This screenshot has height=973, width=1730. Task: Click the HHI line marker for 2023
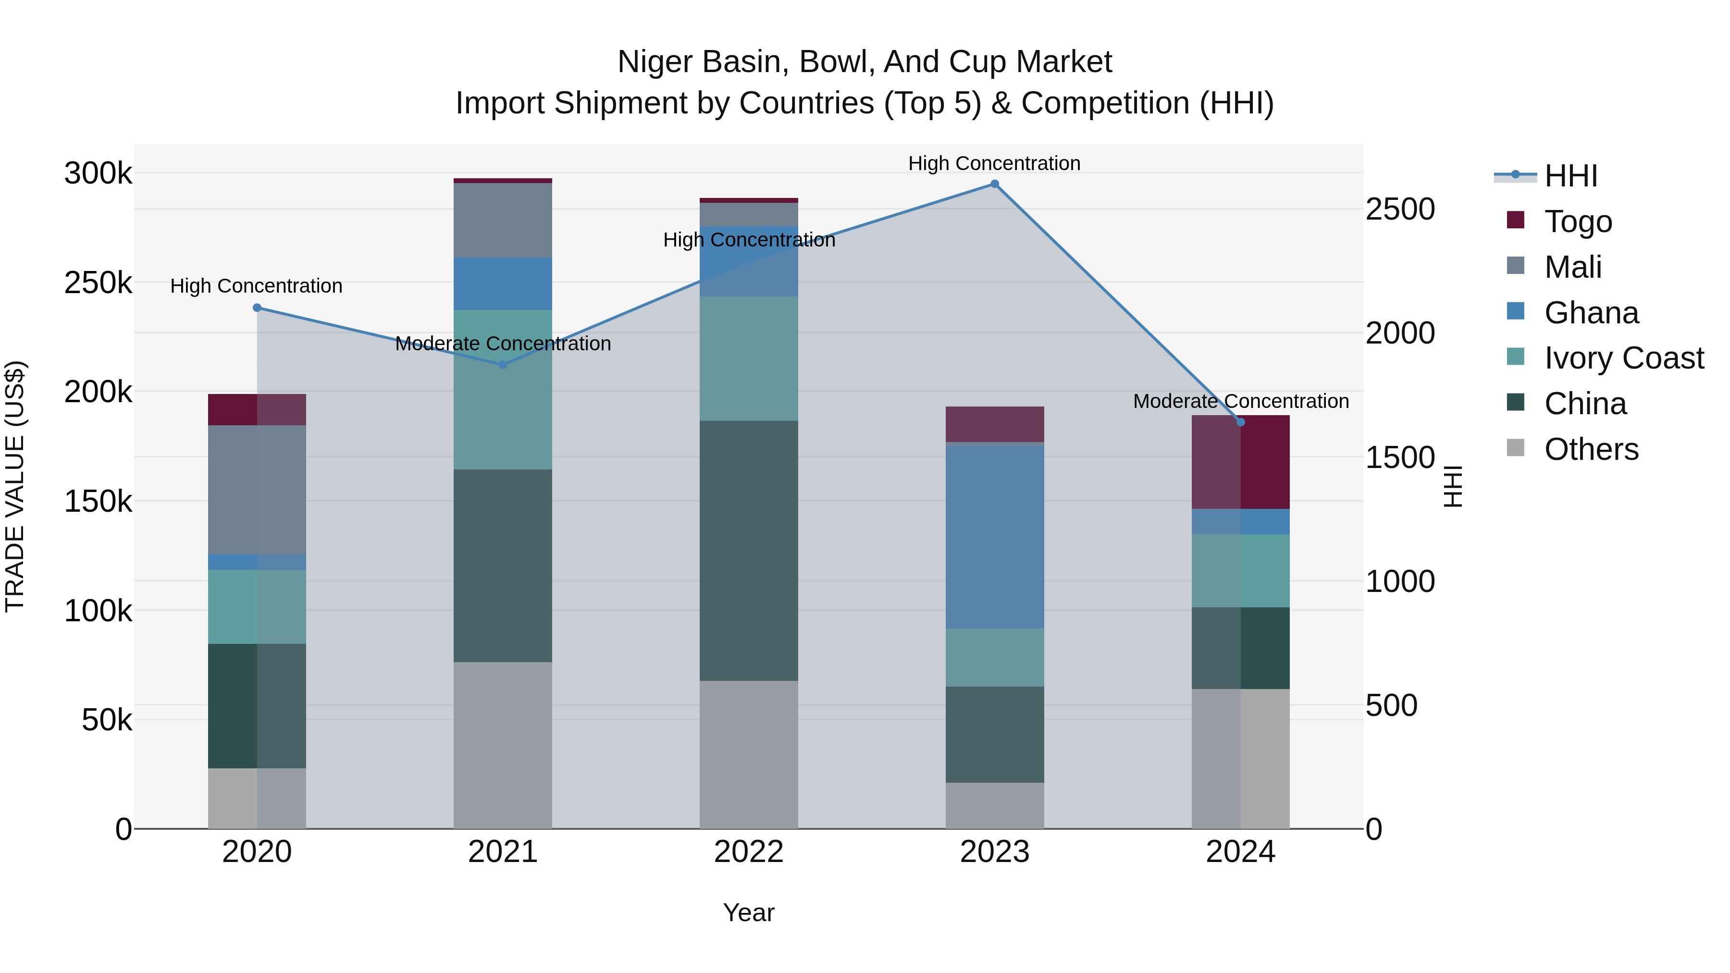995,184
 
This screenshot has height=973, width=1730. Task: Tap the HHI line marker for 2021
502,365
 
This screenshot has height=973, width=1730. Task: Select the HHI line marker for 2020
257,308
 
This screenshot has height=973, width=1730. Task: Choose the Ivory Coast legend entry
1623,358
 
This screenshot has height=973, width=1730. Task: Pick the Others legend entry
1591,449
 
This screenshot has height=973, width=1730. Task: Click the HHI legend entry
1570,176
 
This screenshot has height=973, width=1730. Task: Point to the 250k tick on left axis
98,283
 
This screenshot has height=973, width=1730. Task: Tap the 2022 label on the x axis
748,851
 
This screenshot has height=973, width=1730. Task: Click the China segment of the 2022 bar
748,551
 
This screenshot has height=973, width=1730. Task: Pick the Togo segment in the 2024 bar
1240,462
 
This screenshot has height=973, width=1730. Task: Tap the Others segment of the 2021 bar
502,745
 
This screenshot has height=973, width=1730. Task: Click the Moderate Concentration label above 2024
1240,401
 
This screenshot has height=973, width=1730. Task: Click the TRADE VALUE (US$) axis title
15,486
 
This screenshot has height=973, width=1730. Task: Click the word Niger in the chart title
655,62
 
